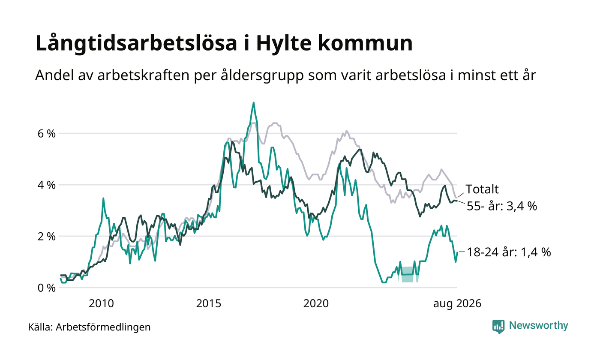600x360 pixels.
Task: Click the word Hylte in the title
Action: (284, 43)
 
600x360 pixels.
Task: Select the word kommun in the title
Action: (365, 43)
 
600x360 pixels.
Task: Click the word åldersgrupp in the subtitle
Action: (262, 75)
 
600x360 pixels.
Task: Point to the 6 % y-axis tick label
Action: (47, 133)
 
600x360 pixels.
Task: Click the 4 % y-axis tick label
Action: (47, 185)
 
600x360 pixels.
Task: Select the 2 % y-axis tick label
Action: (47, 237)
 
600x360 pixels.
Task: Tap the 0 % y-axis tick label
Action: (47, 288)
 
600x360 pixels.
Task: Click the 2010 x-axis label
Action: (101, 304)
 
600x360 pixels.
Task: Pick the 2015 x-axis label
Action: (209, 304)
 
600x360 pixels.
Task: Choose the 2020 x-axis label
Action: (316, 304)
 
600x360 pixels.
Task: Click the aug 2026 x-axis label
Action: (457, 304)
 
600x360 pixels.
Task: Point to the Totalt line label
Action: (482, 189)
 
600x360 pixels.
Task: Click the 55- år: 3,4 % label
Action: (502, 206)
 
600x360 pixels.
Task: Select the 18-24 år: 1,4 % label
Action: (509, 252)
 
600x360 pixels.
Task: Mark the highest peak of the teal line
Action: (253, 102)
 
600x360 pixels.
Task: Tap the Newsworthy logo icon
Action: (498, 327)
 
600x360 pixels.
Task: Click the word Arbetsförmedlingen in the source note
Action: (103, 327)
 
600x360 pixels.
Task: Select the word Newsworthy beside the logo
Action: (538, 326)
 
